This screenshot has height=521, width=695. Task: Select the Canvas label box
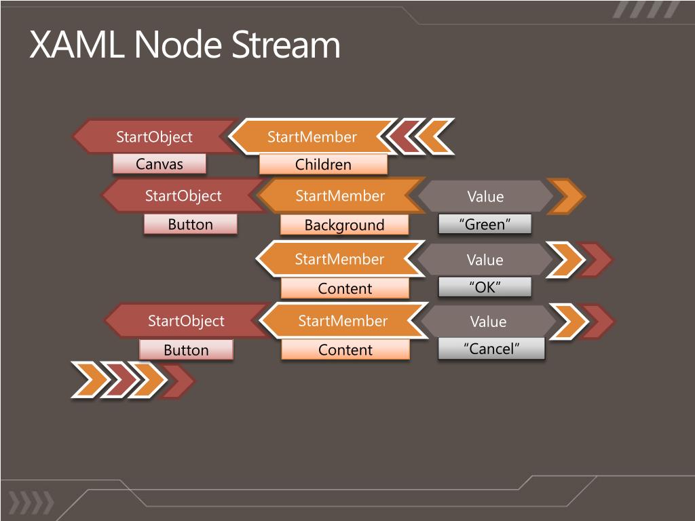pos(159,164)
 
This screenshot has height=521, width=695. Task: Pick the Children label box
pos(323,164)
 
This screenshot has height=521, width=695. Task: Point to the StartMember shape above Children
pos(312,136)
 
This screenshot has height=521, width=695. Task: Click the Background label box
pos(344,225)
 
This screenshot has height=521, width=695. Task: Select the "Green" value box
pos(485,224)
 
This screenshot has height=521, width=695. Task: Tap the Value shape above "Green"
pos(485,196)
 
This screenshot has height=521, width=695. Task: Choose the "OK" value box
pos(485,287)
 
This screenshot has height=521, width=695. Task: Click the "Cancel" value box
pos(491,349)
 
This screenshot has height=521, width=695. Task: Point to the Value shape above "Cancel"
pos(488,321)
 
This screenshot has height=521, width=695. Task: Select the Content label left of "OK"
pos(345,288)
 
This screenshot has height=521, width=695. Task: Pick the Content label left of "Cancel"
pos(345,349)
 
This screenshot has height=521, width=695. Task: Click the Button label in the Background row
pos(191,224)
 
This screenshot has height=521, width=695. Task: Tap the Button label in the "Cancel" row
pos(186,350)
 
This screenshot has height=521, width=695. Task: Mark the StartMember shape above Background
pos(341,196)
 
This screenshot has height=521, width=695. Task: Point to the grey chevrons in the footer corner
pos(31,503)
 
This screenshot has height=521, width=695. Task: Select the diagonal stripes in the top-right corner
pos(646,9)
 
